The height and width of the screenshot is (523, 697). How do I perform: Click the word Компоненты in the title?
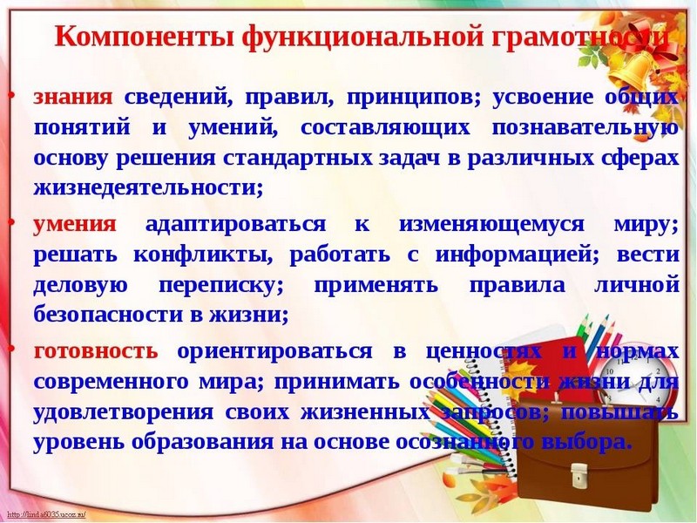(x=145, y=37)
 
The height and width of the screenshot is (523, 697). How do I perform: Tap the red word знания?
(x=73, y=97)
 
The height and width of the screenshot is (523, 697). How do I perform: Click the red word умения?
(x=75, y=225)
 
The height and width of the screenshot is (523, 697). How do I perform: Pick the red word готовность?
(x=96, y=351)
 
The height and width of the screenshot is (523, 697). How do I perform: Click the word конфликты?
(x=203, y=255)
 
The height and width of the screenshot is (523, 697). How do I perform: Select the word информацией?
(x=517, y=255)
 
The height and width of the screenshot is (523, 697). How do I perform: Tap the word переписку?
(x=221, y=286)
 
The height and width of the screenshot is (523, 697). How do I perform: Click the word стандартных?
(x=297, y=159)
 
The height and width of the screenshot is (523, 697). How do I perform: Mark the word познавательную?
(x=585, y=128)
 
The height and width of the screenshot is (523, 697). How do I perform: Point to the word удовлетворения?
(x=124, y=412)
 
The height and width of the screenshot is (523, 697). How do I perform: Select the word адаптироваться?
(x=235, y=225)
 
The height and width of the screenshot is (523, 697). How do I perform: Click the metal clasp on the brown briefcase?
(x=579, y=475)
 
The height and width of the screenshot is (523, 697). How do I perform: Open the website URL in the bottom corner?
(x=46, y=515)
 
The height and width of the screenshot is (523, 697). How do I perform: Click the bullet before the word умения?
(x=12, y=222)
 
